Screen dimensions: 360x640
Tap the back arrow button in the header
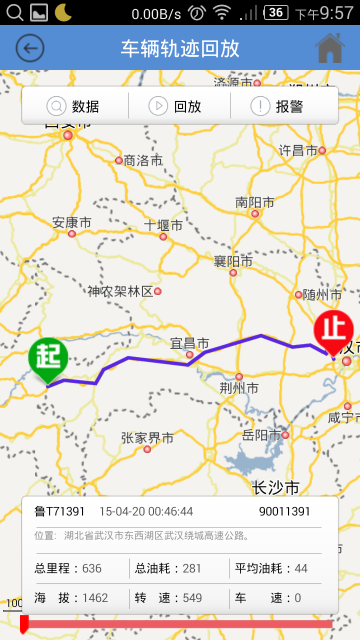(x=30, y=48)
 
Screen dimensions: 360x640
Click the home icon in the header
(x=329, y=48)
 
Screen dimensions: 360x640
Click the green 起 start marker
(x=48, y=358)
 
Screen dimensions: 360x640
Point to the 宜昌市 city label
(x=189, y=343)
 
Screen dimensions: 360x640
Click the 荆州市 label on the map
(x=239, y=387)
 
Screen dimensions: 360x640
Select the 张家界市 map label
(x=147, y=438)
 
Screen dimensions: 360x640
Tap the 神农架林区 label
(x=120, y=291)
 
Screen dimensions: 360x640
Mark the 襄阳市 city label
(x=233, y=261)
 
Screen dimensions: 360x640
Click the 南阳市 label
(x=255, y=202)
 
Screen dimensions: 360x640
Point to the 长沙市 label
(x=275, y=487)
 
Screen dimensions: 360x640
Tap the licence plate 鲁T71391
(x=59, y=511)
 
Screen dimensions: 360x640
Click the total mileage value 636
(x=92, y=568)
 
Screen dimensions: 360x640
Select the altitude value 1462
(x=95, y=598)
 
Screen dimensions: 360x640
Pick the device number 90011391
(x=284, y=511)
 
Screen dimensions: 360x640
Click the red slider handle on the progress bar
(x=24, y=624)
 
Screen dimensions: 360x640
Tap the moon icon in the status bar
(x=63, y=12)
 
